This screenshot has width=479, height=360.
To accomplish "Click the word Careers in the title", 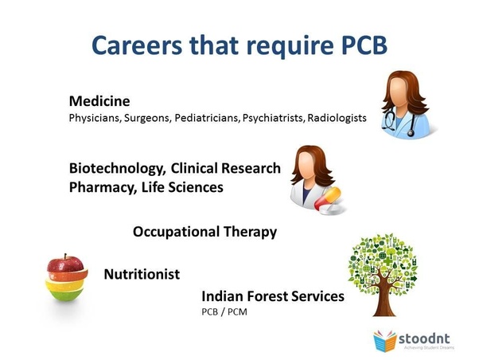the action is pos(137,45).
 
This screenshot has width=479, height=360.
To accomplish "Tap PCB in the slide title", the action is pos(364,45).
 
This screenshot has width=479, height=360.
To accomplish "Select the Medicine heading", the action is pos(99,101).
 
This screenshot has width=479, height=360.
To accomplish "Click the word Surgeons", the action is pos(146,118).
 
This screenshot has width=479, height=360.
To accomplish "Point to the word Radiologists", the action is pos(337,118).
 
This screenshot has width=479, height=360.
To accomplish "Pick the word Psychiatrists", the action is pos(273,118).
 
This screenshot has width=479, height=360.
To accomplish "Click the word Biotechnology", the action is pos(118,169).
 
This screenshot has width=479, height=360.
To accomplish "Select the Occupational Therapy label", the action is pos(204,232).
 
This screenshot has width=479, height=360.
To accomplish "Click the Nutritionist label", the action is pos(142,274).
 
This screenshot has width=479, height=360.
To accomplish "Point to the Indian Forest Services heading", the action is pos(273,296).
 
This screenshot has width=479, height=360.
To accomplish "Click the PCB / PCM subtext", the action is pos(224,312).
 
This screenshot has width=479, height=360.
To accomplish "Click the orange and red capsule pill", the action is pos(328,199).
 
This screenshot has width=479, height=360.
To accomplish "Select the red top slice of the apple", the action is pos(65,264).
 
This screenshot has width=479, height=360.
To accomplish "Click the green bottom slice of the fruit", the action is pos(66,294).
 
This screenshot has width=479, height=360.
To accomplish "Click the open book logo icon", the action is pos(384,340).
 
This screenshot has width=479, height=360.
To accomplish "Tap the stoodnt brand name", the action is pos(424,338).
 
